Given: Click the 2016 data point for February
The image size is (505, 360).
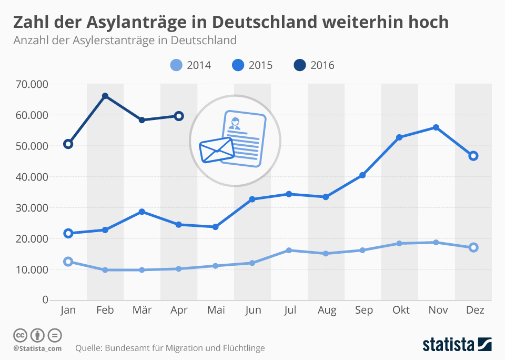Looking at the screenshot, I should point(105,96).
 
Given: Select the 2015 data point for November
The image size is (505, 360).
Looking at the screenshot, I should point(436,127).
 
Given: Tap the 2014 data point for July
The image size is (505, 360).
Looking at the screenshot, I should point(289,251).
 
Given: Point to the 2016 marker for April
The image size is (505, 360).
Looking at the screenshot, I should point(179,116).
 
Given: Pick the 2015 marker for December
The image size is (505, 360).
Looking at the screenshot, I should point(473,156).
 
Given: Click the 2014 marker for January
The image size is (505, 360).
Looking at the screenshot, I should point(68,262).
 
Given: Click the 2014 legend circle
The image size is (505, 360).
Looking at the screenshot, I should point(177,65).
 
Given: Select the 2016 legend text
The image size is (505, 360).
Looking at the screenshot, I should point(322,65).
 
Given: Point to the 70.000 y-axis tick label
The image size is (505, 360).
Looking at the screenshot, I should point(32,84).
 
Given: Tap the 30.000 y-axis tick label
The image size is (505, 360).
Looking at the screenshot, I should point(32,208).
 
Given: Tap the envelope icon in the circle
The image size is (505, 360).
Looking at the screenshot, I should point(216,150).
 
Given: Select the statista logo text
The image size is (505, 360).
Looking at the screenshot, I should point(448,345).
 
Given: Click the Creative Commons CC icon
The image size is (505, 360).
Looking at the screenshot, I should point(20,335).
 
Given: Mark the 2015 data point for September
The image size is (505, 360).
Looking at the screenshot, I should point(362,175).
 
